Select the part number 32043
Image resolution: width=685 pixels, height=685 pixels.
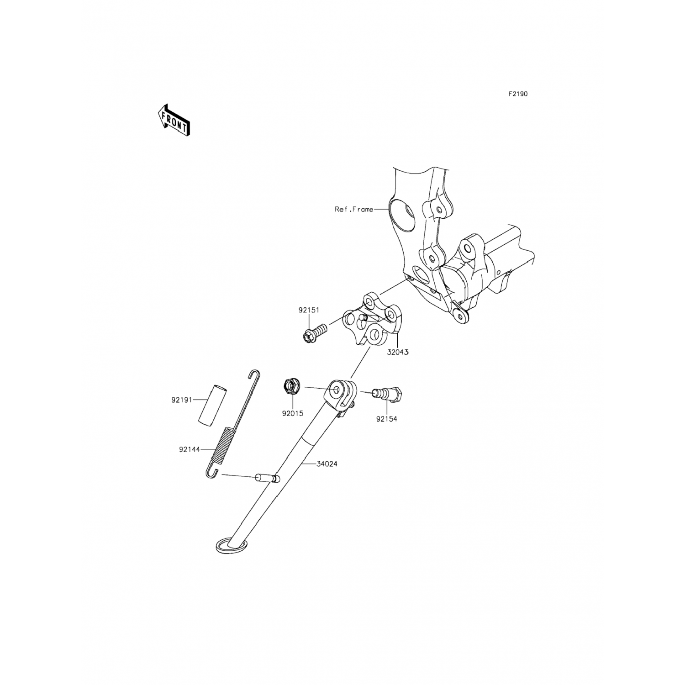click(398, 353)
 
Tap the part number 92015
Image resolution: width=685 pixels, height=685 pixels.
click(293, 414)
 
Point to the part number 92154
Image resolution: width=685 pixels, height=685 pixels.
click(386, 419)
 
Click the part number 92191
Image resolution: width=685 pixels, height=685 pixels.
click(181, 400)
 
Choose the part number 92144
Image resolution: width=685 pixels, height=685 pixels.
click(189, 449)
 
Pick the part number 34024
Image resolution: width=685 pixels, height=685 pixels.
click(327, 464)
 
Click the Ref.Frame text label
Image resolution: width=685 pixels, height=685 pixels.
click(354, 210)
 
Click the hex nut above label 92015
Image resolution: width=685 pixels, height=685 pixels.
click(291, 387)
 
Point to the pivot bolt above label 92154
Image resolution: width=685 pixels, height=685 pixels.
click(386, 393)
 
